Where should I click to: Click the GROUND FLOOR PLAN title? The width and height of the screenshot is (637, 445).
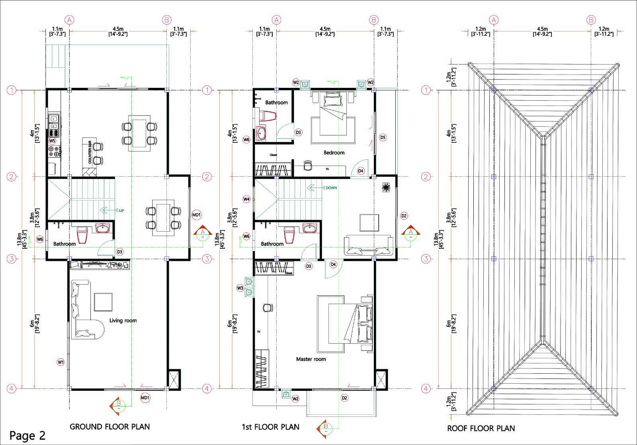[109, 427]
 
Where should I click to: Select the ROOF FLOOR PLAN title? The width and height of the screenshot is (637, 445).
[481, 428]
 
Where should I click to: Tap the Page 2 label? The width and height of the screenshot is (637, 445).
[27, 435]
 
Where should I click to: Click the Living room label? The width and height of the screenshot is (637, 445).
[123, 320]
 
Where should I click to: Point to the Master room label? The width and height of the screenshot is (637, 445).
[311, 359]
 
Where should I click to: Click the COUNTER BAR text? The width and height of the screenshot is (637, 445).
[90, 152]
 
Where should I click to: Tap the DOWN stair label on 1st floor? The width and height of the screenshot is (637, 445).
[331, 188]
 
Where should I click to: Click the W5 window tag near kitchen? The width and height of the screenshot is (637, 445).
[52, 141]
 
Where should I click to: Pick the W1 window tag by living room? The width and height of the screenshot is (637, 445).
[61, 362]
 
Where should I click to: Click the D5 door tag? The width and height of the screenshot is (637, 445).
[383, 137]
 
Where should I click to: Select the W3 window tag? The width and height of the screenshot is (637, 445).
[240, 288]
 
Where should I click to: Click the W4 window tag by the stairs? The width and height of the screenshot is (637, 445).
[246, 199]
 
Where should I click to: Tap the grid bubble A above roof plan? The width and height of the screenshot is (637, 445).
[494, 20]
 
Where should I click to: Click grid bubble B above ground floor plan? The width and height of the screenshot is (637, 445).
[166, 20]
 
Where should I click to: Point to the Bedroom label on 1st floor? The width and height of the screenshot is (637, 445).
[334, 152]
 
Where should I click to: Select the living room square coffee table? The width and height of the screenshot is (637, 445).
[103, 302]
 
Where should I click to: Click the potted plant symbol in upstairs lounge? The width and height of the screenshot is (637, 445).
[386, 187]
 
